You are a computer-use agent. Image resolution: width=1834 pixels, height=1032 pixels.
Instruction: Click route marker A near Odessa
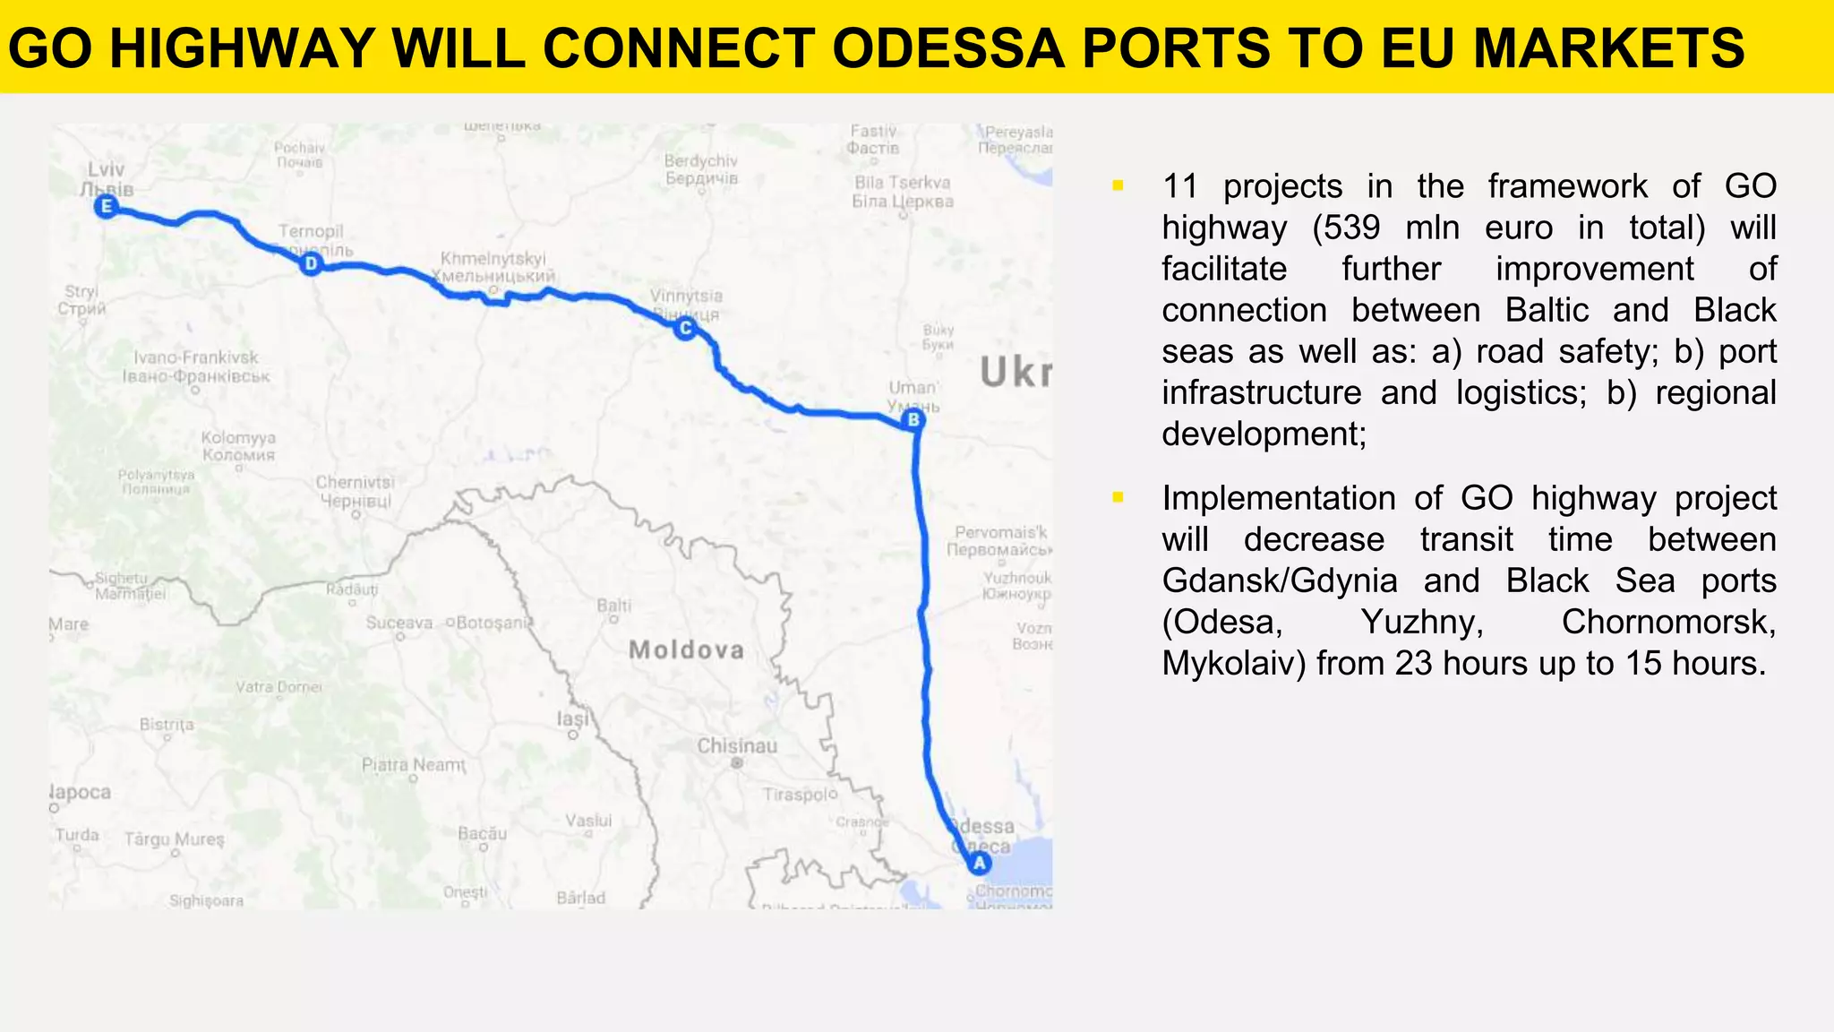coord(979,864)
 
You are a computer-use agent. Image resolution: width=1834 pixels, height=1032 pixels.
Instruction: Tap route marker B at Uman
coord(913,420)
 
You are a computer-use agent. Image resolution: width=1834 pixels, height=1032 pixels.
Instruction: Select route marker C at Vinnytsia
coord(685,329)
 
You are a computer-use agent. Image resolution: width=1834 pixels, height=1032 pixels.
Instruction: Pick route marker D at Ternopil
coord(311,263)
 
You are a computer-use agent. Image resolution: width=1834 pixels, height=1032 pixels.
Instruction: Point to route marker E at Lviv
coord(107,208)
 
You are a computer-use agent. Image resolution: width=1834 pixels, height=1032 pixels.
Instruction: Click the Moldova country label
coord(686,650)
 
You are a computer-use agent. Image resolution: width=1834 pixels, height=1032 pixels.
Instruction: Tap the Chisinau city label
coord(737,746)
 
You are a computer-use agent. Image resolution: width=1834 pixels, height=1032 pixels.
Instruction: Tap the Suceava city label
coord(399,623)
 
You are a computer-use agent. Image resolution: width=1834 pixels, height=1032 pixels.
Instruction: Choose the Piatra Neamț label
coord(413,765)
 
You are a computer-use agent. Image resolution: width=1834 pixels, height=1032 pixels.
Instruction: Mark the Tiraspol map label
coord(800,795)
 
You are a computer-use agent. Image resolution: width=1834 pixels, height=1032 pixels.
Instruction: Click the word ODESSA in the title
coord(948,48)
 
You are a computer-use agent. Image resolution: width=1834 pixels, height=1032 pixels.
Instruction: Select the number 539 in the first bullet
coord(1350,228)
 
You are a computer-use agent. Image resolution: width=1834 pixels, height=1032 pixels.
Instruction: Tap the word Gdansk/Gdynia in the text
coord(1280,580)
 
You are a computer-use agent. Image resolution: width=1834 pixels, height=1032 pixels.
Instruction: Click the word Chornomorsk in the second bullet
coord(1668,622)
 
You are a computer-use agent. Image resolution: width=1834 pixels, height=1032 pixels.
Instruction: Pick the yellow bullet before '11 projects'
coord(1118,186)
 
